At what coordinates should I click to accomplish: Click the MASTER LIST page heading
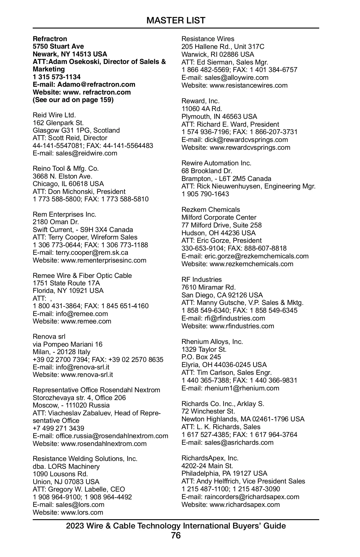(x=176, y=20)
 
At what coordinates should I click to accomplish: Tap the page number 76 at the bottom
(x=176, y=535)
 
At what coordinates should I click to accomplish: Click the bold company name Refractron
(x=50, y=39)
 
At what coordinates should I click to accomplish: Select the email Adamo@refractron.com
(x=96, y=84)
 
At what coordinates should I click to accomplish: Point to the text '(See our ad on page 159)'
(x=73, y=100)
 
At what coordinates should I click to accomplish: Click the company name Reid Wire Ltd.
(x=54, y=115)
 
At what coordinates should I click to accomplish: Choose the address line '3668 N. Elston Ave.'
(x=62, y=176)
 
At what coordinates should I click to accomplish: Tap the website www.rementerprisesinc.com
(x=103, y=260)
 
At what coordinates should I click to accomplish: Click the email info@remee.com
(x=82, y=314)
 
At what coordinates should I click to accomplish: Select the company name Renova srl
(x=49, y=336)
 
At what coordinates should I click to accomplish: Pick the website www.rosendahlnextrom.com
(x=103, y=444)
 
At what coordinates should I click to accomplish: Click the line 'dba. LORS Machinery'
(x=66, y=466)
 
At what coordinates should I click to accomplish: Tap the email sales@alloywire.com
(x=236, y=77)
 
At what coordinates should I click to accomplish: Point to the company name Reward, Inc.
(x=200, y=101)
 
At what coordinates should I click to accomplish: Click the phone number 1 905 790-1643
(x=205, y=194)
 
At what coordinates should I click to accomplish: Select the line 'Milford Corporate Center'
(x=219, y=217)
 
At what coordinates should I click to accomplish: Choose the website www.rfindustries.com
(x=242, y=326)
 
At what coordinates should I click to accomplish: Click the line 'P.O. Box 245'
(x=201, y=357)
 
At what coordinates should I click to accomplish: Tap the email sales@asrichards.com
(x=239, y=442)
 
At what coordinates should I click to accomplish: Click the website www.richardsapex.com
(x=244, y=504)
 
